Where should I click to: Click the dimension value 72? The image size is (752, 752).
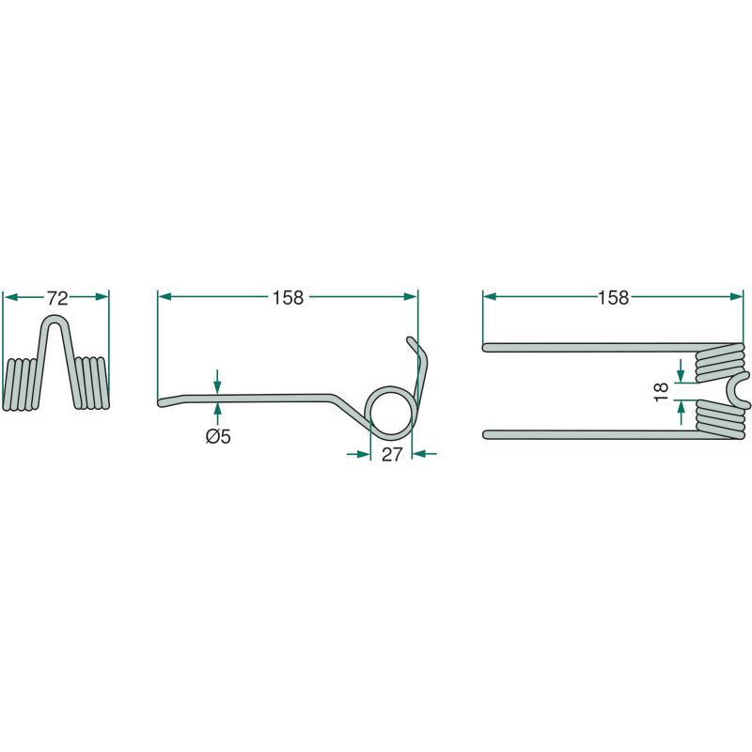click(x=57, y=298)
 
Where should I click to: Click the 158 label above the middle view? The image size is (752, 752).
click(x=288, y=298)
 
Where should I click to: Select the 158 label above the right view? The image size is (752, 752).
click(x=613, y=298)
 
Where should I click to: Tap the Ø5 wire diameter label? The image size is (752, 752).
click(x=218, y=436)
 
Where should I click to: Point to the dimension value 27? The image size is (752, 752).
click(x=392, y=455)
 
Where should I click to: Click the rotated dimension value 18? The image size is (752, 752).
click(x=662, y=392)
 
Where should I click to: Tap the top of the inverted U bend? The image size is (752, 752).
click(x=55, y=318)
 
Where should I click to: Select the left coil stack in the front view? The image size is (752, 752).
click(x=20, y=384)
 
